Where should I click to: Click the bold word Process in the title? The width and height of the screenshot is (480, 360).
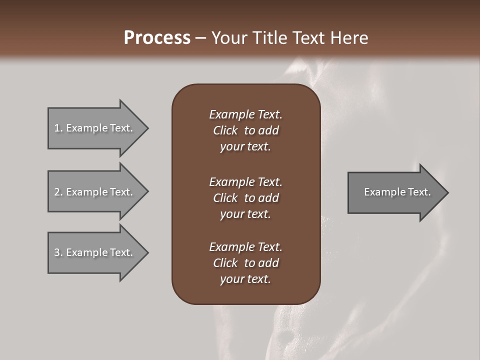pos(157,38)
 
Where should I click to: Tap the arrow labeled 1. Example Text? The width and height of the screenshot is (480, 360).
pos(95,128)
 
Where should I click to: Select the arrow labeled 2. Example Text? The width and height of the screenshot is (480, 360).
pos(95,192)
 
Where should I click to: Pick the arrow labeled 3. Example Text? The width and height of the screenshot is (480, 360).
pos(95,252)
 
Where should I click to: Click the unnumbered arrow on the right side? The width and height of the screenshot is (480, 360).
pos(395,192)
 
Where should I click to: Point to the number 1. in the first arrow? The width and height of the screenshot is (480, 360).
pos(58,128)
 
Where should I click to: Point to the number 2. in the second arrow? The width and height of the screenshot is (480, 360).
pos(58,192)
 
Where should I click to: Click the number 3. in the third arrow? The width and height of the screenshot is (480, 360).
pos(58,252)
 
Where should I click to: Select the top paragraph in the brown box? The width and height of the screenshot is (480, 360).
pos(245,130)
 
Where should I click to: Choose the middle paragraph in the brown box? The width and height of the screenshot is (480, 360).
pos(245,198)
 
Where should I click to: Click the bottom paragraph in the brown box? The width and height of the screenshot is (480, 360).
pos(245,263)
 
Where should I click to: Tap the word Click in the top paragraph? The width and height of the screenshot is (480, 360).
pos(225,130)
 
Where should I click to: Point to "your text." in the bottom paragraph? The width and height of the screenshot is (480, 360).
pos(245,279)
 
